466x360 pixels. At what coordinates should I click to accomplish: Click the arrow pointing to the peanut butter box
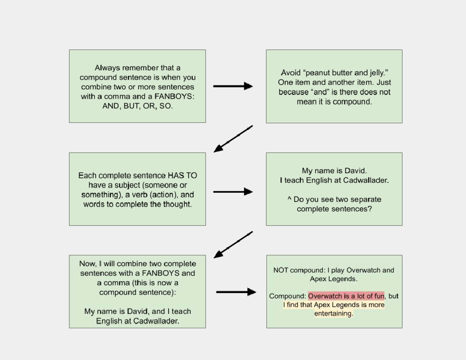233,86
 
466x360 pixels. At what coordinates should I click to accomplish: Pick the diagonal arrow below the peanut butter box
233,139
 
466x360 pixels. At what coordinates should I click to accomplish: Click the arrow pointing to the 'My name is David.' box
233,191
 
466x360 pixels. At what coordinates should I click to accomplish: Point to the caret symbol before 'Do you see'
289,199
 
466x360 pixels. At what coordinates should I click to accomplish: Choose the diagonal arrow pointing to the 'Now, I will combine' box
233,245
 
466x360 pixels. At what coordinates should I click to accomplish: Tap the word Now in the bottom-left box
87,264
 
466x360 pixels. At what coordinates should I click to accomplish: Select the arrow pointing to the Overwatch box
236,292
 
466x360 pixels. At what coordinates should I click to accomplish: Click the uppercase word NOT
280,270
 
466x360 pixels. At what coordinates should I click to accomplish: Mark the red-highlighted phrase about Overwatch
346,296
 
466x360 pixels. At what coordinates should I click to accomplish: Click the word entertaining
333,313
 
